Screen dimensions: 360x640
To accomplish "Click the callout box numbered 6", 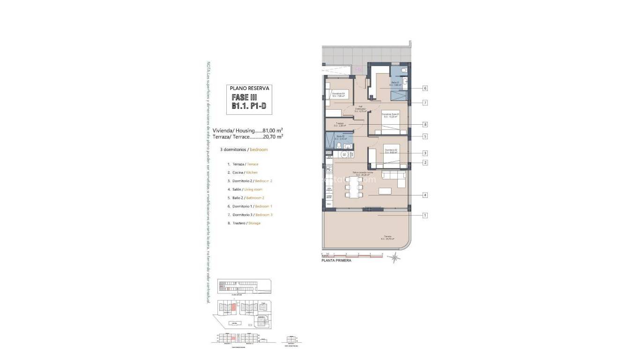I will click(424, 88).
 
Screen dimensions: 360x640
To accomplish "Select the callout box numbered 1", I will click(424, 216).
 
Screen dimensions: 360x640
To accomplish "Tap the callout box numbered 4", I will click(424, 195).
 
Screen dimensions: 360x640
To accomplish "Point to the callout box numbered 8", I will click(424, 125).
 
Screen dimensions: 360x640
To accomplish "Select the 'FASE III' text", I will click(245, 97).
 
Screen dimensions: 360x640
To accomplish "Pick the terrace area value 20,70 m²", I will click(273, 137).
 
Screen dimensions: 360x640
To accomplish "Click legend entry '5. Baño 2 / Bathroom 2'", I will click(246, 198).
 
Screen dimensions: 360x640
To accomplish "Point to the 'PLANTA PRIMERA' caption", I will click(336, 261).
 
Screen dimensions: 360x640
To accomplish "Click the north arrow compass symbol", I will click(396, 257).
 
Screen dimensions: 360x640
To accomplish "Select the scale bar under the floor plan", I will click(352, 255).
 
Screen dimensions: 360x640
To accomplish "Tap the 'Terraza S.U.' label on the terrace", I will click(387, 238).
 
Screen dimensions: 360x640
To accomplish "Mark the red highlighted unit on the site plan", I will click(233, 307).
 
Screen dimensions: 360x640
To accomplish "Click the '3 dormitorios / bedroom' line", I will click(244, 150).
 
